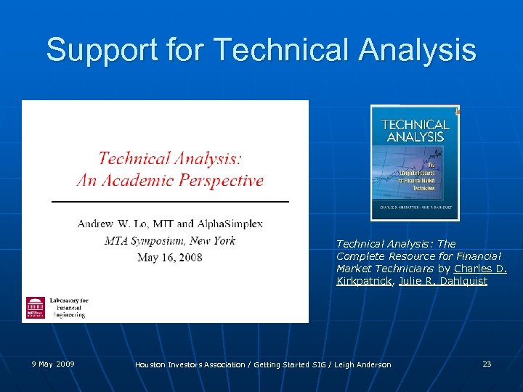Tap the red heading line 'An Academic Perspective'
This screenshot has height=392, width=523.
pos(170,180)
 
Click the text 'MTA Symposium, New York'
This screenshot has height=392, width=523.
pos(170,240)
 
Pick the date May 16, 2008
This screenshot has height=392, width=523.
pos(170,257)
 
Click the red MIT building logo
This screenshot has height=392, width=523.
pos(35,307)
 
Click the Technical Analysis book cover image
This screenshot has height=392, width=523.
pos(415,163)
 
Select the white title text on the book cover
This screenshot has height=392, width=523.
pos(415,130)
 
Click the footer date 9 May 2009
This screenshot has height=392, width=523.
pos(52,364)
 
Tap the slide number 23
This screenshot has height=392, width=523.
pos(487,364)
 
